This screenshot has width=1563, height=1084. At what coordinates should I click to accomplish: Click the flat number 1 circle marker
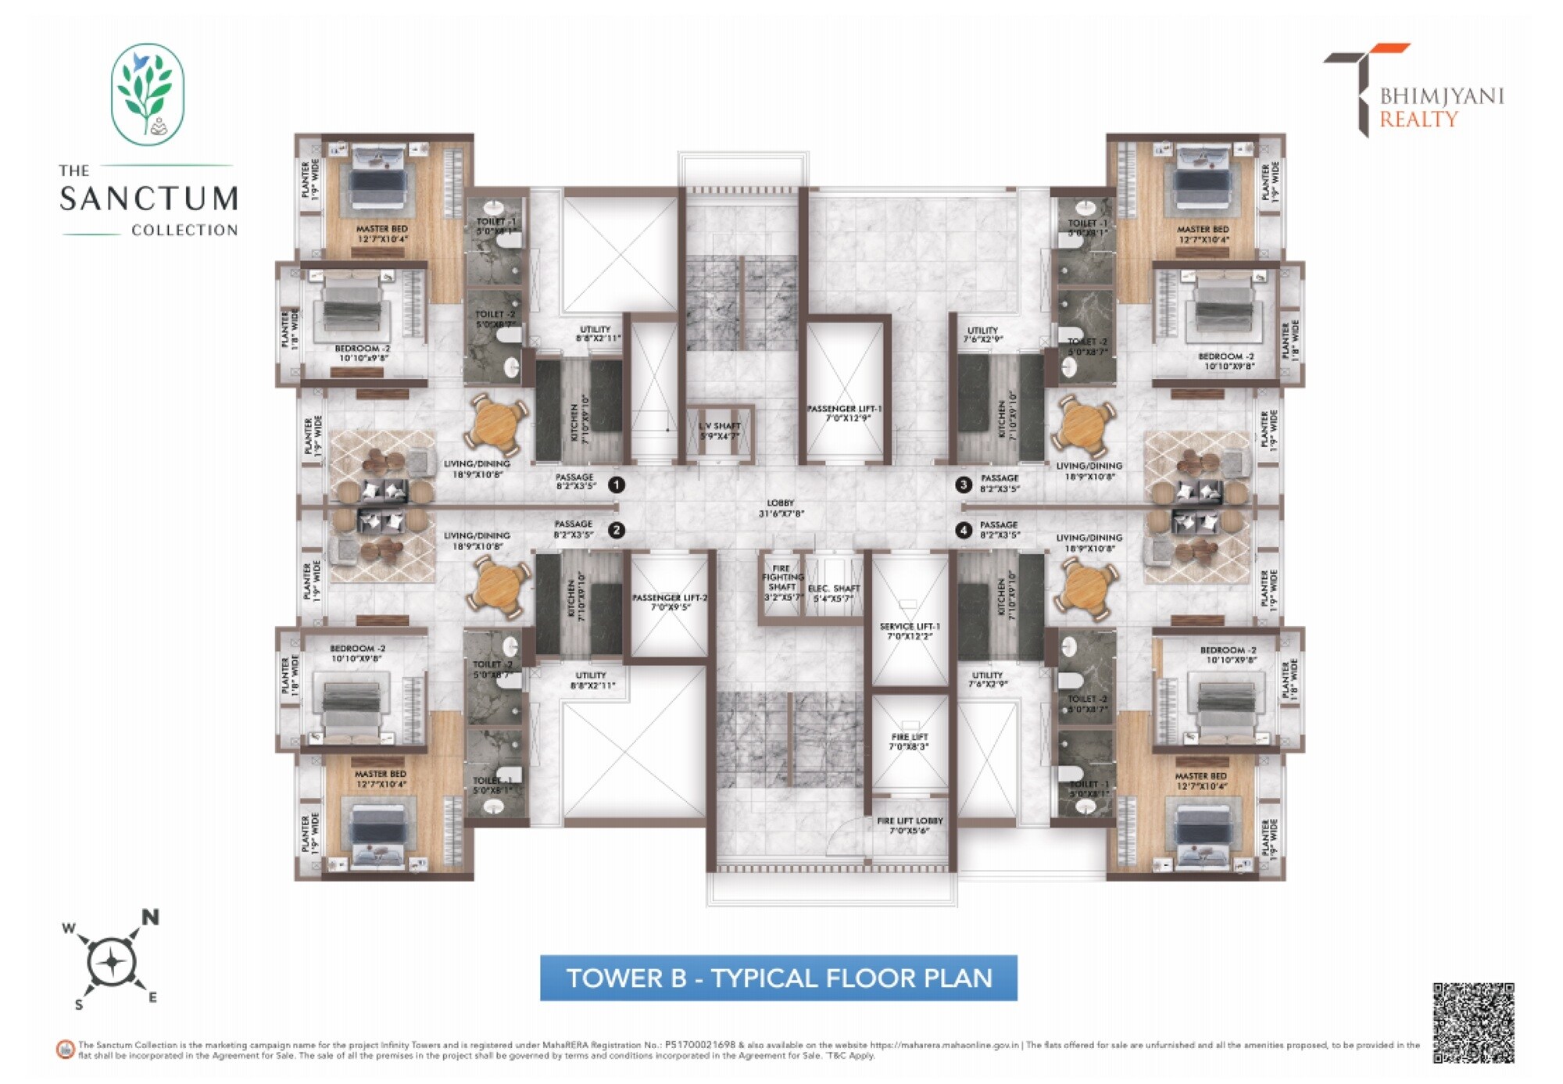(617, 485)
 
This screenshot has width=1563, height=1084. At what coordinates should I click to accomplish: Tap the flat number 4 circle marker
(964, 531)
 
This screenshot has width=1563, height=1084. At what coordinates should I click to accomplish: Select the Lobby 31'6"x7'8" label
(780, 509)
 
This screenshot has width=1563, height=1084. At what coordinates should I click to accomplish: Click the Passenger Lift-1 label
(844, 413)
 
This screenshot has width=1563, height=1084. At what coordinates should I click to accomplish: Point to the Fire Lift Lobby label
(910, 825)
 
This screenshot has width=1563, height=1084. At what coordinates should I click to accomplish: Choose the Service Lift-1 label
(910, 631)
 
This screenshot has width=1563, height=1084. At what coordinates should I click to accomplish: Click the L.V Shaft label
(719, 431)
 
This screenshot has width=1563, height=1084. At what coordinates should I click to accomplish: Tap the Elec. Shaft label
(834, 593)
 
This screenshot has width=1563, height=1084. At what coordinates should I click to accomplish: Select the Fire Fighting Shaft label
(782, 583)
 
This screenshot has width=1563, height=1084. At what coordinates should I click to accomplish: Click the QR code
(1473, 1023)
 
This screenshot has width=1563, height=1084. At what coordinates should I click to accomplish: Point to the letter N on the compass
(150, 918)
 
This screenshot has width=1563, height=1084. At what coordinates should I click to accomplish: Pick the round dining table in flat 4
(1086, 586)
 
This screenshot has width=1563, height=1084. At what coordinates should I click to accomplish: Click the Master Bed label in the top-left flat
(382, 234)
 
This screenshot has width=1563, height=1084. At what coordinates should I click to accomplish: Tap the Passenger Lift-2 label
(670, 602)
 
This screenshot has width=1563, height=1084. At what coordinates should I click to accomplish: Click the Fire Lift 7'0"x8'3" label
(910, 742)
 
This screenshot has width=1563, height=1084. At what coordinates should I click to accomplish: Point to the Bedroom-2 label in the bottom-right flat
(1229, 655)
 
